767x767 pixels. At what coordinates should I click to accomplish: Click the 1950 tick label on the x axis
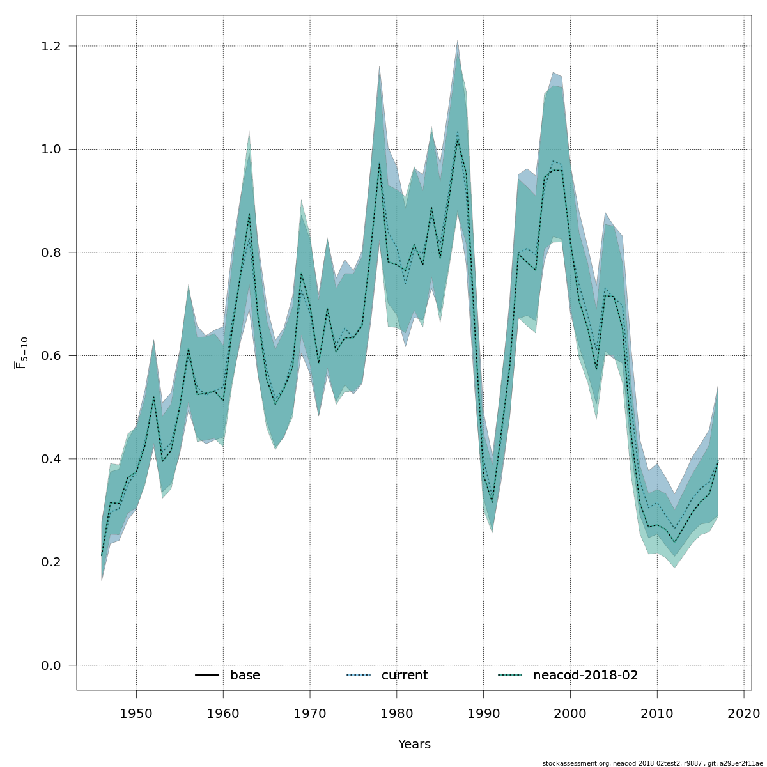click(136, 713)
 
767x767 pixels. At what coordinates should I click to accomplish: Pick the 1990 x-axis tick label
click(483, 713)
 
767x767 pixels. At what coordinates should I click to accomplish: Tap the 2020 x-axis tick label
click(744, 713)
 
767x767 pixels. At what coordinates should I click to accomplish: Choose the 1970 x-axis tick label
click(310, 713)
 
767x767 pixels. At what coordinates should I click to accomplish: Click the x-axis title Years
click(414, 745)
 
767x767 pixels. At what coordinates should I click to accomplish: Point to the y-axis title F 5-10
click(22, 353)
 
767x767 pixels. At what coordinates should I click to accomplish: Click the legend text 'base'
click(245, 676)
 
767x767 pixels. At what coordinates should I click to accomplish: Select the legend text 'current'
click(405, 676)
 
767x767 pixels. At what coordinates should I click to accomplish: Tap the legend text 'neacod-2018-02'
click(585, 676)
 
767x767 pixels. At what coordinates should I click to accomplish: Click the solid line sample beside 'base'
click(207, 676)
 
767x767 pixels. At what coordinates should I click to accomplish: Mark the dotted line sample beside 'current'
click(359, 676)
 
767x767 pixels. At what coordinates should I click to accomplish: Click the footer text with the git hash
click(648, 763)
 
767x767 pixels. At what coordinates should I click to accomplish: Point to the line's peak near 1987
click(458, 139)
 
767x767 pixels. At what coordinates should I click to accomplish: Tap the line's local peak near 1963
click(249, 214)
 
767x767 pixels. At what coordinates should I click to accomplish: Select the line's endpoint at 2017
click(718, 460)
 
